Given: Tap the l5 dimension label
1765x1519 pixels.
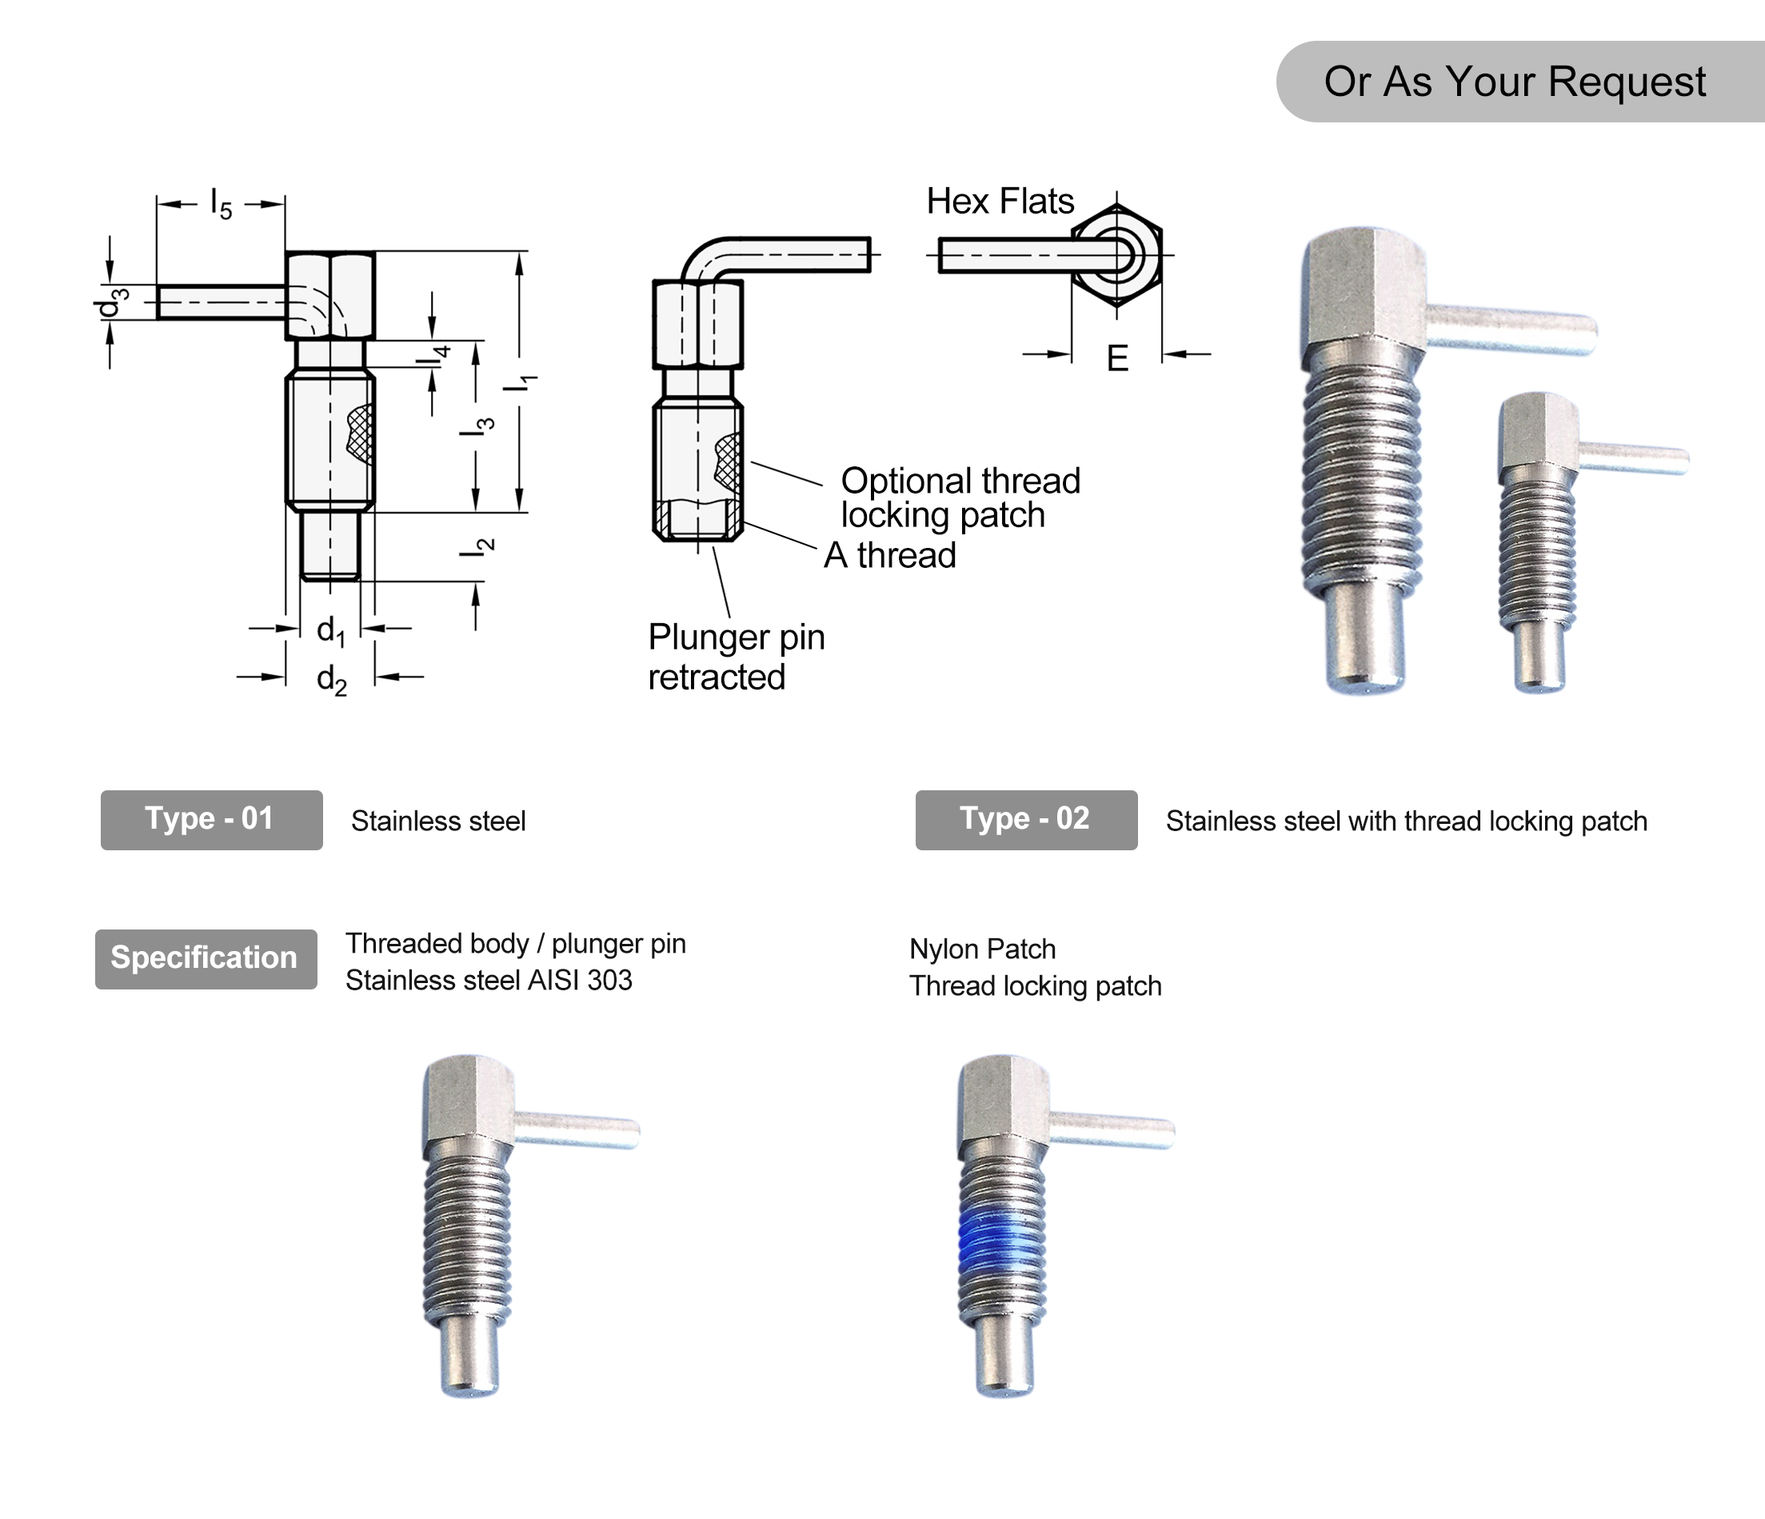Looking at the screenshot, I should coord(221,205).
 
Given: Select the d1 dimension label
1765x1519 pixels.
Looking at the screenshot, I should coord(330,631).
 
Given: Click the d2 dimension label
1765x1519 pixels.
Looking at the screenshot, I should coord(331,680).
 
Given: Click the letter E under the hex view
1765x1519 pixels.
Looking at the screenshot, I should coord(1116,358).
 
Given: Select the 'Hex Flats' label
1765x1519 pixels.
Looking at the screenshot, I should coord(999,202).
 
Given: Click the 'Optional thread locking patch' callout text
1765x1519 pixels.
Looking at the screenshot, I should coord(959,498).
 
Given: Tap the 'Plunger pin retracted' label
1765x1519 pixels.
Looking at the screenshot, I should coord(735,657).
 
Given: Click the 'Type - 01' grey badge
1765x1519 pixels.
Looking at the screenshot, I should coord(211,820).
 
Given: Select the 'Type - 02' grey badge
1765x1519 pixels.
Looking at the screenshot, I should coord(1025,820).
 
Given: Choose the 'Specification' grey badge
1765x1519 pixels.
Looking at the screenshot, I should coord(206,958).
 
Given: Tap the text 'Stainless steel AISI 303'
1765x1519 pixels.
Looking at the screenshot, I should coord(488,981).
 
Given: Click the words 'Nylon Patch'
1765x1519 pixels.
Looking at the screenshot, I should coord(981,949).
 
